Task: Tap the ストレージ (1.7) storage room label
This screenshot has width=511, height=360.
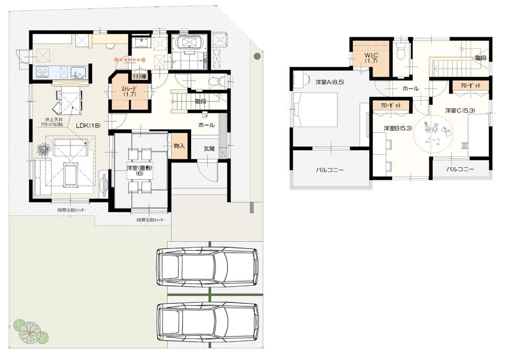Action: pyautogui.click(x=128, y=91)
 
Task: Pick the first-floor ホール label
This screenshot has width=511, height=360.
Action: pyautogui.click(x=205, y=125)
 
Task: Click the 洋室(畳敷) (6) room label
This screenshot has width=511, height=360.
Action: pyautogui.click(x=141, y=171)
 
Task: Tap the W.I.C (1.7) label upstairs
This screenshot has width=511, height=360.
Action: pyautogui.click(x=370, y=58)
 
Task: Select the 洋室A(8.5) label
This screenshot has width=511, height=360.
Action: pyautogui.click(x=329, y=82)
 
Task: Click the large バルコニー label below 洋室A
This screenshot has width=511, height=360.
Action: pyautogui.click(x=330, y=170)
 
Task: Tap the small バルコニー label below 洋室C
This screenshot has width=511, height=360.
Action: pyautogui.click(x=461, y=169)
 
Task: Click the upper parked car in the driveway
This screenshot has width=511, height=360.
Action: pyautogui.click(x=207, y=267)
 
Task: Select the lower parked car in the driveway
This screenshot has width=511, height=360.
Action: pyautogui.click(x=207, y=322)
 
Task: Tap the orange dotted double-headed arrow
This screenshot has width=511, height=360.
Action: pyautogui.click(x=130, y=60)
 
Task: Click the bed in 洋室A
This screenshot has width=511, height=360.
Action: pyautogui.click(x=316, y=109)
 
